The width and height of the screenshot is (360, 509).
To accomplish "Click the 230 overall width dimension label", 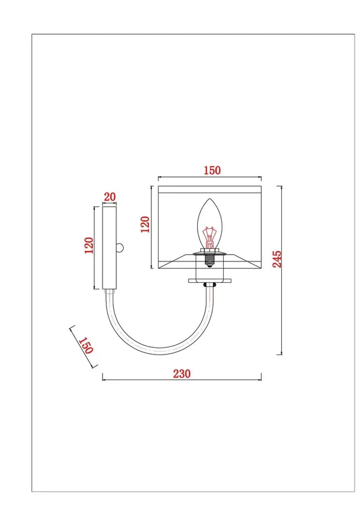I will (181, 374).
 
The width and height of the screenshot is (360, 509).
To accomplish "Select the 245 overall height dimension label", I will (276, 259).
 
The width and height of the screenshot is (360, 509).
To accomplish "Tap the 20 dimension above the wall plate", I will (110, 197).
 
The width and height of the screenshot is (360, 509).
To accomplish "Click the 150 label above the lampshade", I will (212, 170).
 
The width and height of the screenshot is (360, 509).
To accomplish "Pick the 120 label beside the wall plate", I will (89, 246).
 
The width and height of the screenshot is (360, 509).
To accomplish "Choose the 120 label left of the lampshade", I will (145, 224).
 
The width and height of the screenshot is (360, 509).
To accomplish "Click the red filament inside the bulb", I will (210, 236).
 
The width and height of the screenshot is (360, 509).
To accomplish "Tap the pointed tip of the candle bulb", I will (210, 199).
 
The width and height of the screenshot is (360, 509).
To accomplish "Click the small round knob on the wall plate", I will (120, 248).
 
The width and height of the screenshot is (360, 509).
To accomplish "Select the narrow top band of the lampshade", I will (210, 190).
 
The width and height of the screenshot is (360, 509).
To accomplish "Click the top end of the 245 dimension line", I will (282, 186).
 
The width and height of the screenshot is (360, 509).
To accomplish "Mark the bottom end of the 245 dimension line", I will (282, 355).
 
